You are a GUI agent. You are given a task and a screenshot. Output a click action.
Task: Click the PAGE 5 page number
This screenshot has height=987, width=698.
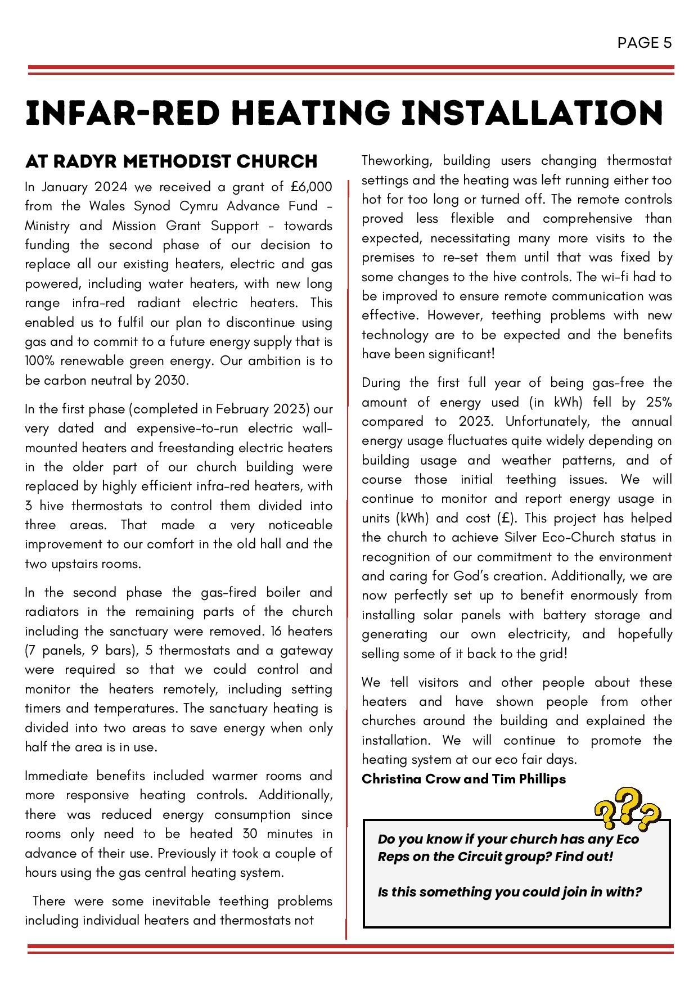[644, 43]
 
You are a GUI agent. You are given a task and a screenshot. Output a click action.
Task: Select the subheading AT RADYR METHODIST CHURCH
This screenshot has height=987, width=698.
[171, 161]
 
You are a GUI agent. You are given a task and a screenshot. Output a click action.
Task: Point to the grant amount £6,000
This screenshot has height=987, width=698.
[312, 187]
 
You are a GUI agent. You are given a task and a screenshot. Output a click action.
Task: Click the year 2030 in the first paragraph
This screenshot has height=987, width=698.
[170, 380]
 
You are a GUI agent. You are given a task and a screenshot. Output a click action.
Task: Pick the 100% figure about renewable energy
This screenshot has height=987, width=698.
[42, 361]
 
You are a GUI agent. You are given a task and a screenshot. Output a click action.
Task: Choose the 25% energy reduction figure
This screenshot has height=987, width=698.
[659, 402]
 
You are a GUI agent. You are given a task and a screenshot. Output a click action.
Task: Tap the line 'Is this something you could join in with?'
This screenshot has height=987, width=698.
[510, 892]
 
